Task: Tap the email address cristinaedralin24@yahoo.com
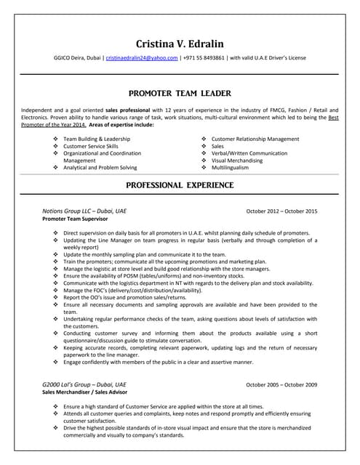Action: [142, 57]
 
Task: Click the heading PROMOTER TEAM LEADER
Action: [180, 94]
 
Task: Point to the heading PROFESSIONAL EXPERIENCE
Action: [180, 185]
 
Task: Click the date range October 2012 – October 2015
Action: [281, 211]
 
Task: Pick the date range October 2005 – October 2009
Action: [281, 384]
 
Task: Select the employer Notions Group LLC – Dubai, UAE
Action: [84, 211]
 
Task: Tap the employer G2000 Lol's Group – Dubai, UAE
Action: [84, 384]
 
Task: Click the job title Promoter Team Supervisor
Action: [75, 218]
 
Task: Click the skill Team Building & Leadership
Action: [97, 139]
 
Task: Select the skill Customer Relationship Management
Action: [255, 139]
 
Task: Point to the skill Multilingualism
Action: [230, 167]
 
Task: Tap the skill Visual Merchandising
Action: [238, 160]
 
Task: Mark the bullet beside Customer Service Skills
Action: [56, 146]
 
